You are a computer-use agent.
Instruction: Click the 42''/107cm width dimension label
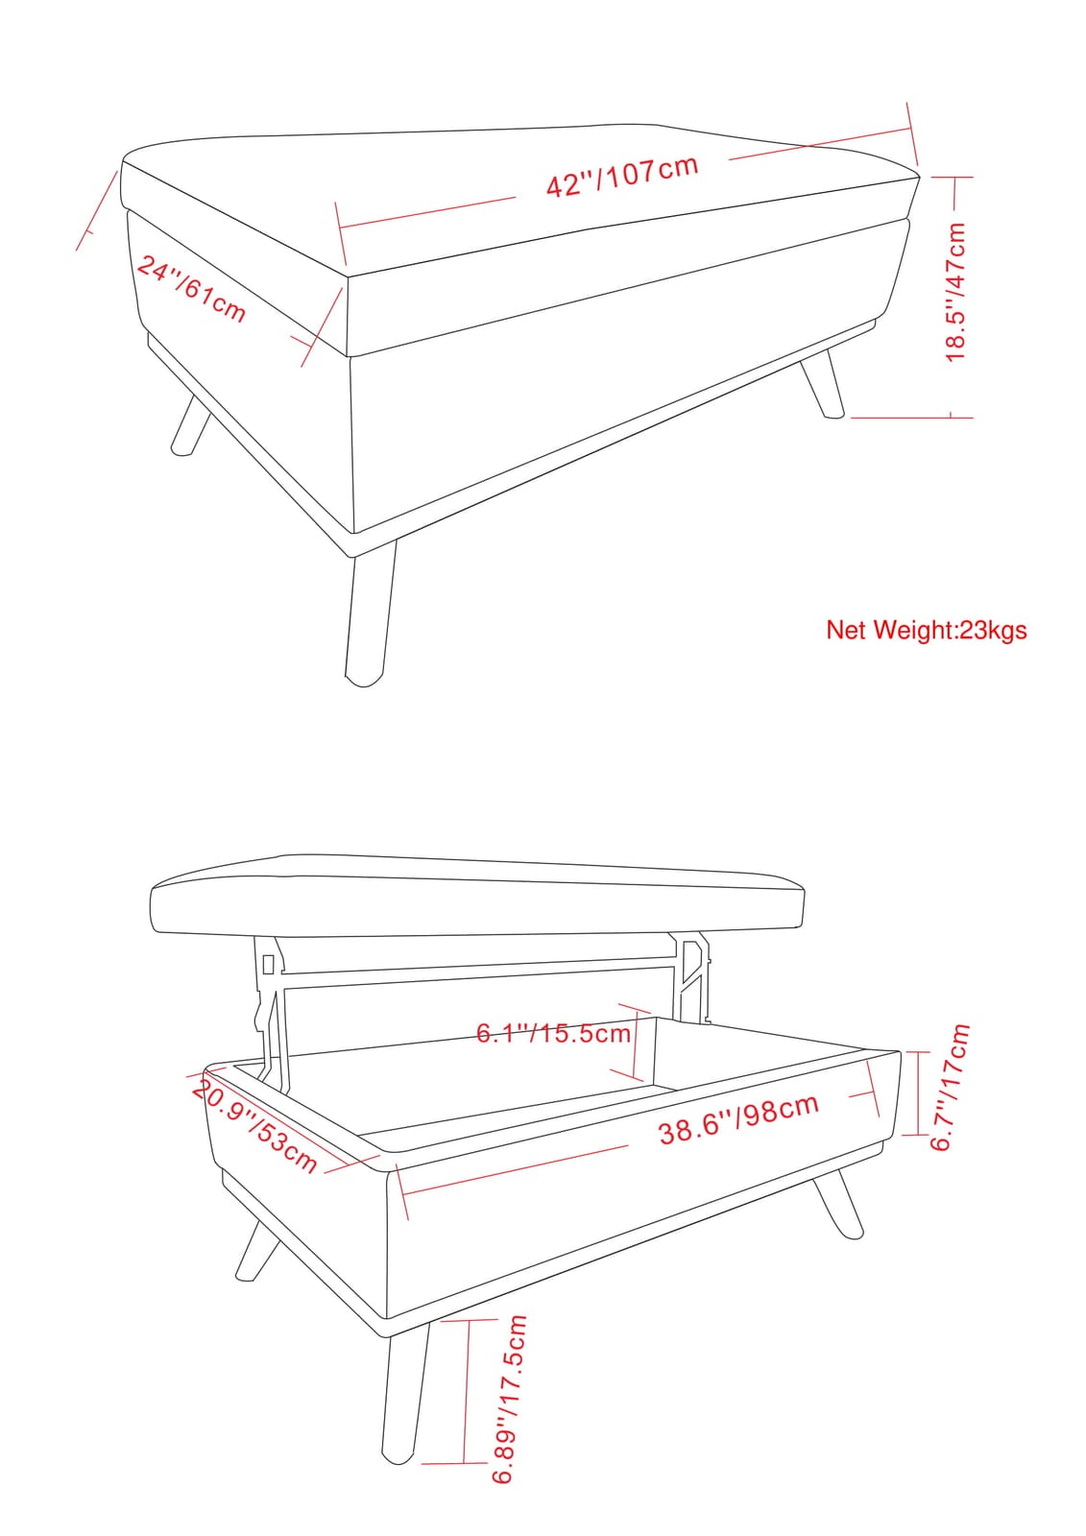click(x=622, y=176)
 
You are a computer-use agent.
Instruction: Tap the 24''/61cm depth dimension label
click(x=191, y=289)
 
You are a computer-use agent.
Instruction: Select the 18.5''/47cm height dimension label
click(x=955, y=293)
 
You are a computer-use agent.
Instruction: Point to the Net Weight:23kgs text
click(x=927, y=630)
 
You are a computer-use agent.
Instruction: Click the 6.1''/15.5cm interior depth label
click(x=554, y=1033)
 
